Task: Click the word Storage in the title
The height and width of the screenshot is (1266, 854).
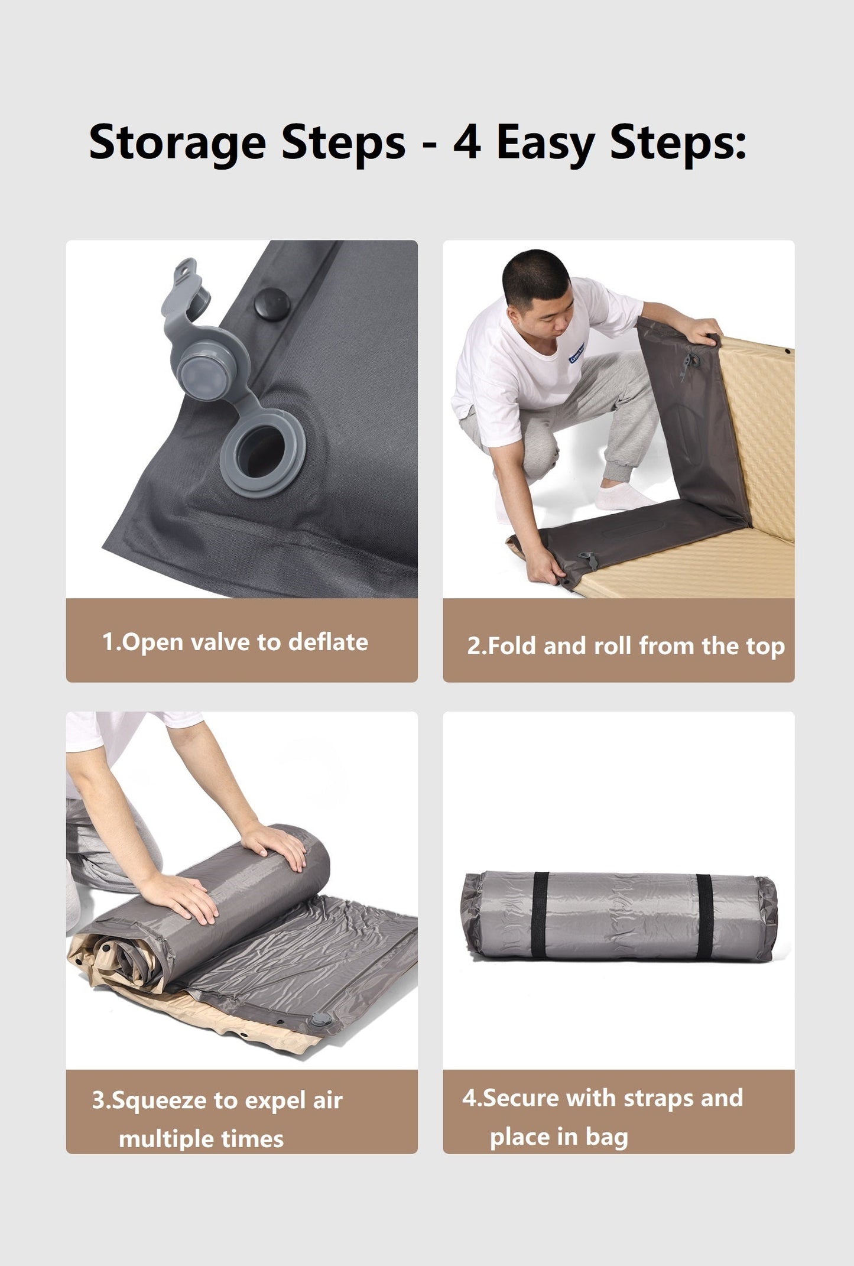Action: (x=177, y=143)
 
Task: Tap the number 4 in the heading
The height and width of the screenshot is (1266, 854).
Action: (x=467, y=142)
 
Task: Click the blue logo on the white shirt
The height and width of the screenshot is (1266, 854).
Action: (x=576, y=354)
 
